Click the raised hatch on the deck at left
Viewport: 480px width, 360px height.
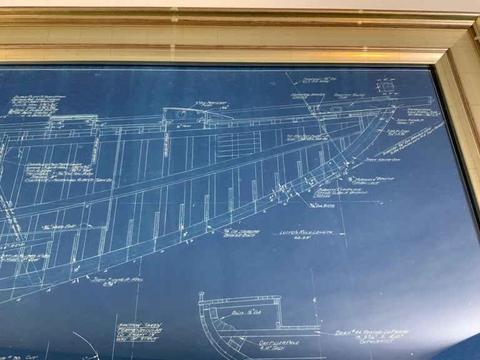(x=73, y=122)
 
